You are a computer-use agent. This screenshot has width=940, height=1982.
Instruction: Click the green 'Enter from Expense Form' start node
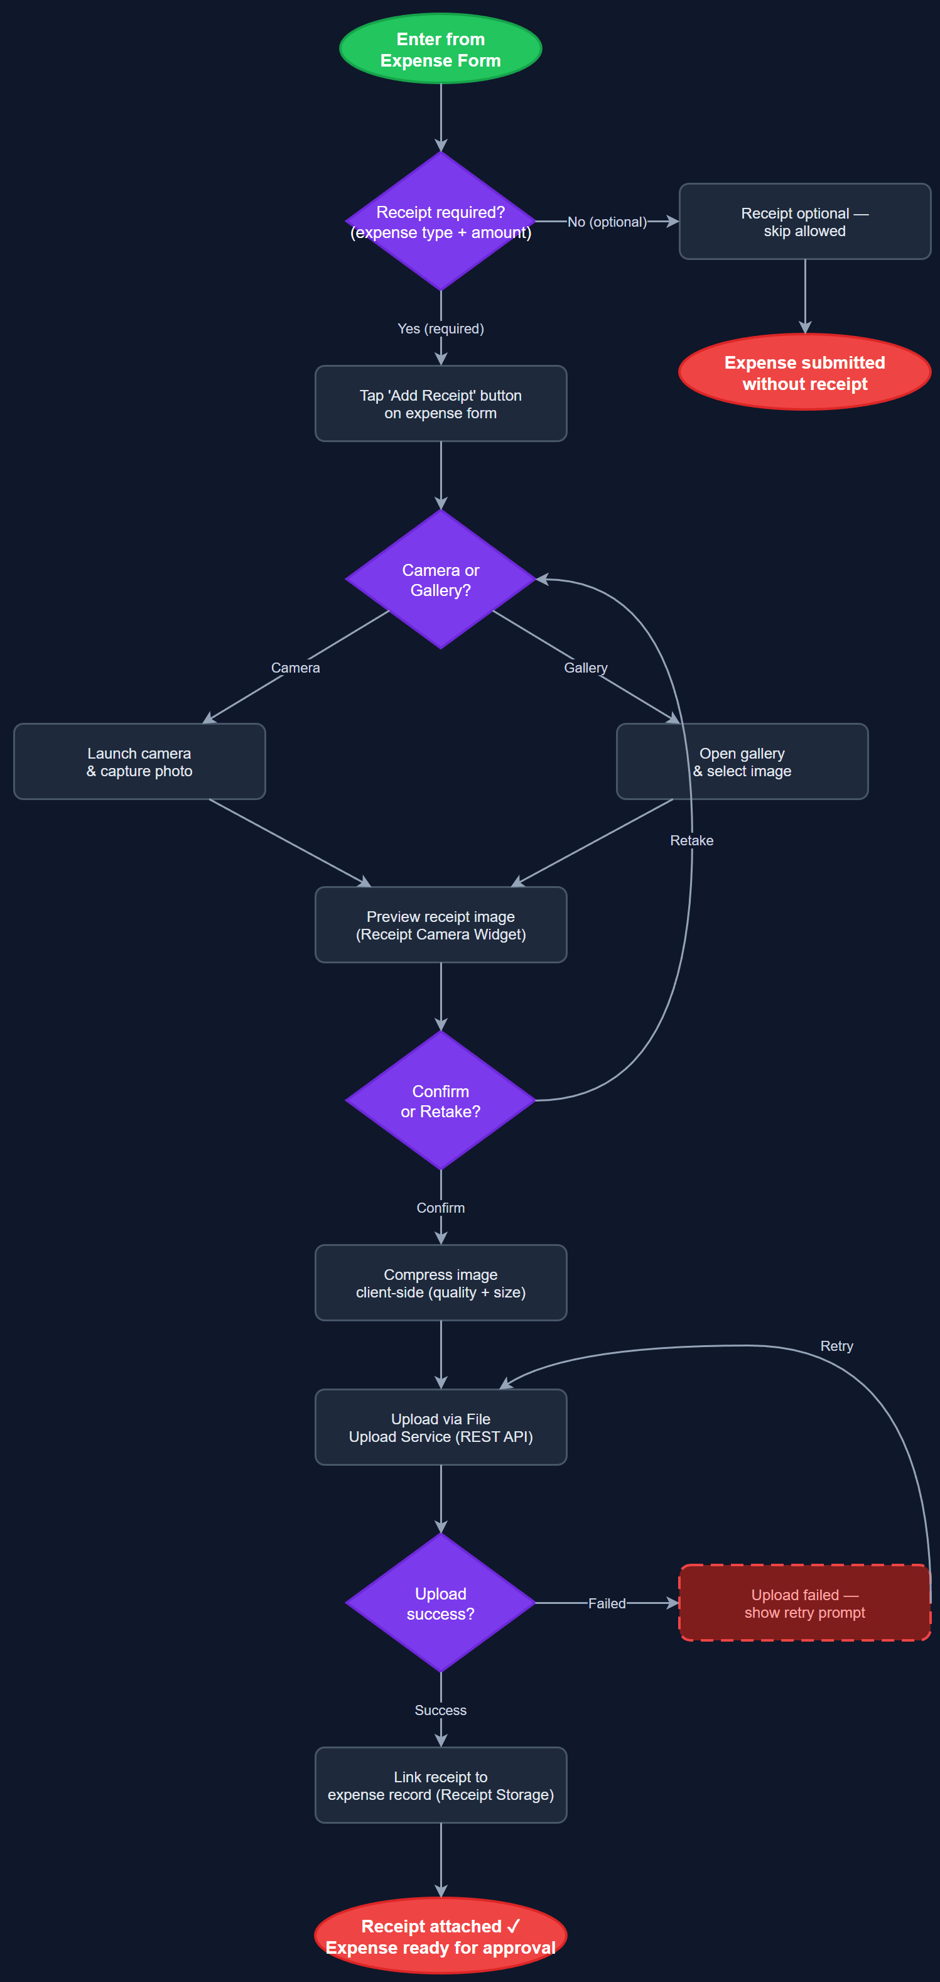tap(440, 49)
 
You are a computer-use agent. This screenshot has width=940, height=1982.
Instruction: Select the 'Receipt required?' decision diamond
tap(440, 222)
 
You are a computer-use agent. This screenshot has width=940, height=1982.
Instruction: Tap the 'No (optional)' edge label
tap(607, 222)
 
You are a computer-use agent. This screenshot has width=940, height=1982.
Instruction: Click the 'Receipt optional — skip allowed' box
tap(804, 222)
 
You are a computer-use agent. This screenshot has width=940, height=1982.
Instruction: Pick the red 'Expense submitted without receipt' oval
tap(804, 372)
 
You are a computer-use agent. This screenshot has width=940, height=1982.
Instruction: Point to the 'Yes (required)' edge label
tap(440, 328)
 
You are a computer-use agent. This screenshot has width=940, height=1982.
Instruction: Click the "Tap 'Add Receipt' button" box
tap(440, 404)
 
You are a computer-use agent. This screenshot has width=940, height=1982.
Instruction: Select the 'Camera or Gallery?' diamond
tap(440, 580)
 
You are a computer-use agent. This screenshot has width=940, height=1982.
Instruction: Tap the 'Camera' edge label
tap(295, 668)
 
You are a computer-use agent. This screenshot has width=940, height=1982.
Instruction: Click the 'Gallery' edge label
tap(585, 668)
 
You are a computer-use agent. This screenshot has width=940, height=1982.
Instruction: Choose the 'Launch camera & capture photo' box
tap(139, 762)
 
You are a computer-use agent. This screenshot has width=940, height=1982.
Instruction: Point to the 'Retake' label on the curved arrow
tap(691, 840)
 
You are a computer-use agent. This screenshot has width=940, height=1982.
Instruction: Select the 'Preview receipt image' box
tap(440, 925)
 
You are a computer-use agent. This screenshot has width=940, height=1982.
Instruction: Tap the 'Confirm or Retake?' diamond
tap(440, 1101)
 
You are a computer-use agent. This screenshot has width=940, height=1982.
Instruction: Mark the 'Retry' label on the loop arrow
tap(836, 1346)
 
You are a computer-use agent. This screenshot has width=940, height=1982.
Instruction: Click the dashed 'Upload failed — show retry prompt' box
tap(804, 1603)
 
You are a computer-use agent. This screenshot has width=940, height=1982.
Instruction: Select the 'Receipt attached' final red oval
tap(440, 1936)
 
